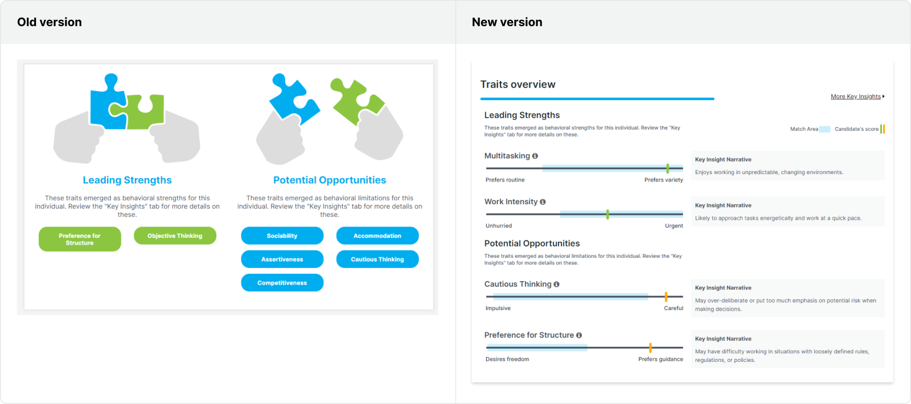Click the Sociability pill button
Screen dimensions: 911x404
pos(282,236)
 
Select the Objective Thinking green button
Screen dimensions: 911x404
pos(175,236)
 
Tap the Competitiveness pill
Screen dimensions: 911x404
pos(282,283)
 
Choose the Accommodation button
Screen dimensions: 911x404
pos(377,236)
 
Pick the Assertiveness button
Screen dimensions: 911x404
pos(282,259)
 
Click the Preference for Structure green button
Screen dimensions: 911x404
pos(80,239)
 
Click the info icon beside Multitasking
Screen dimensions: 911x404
pos(535,156)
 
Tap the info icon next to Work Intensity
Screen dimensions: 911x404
pos(543,202)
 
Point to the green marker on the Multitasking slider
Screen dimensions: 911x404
pos(668,168)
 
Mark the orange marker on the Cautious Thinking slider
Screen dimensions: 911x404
pos(666,296)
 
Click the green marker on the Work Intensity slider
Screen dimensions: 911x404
pos(608,215)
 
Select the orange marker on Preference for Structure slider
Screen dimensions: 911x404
pos(651,348)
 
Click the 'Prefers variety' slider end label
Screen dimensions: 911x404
pos(664,180)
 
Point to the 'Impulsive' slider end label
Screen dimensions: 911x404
pos(498,308)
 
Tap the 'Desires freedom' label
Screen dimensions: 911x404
pos(507,359)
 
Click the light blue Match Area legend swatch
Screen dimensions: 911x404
pos(825,129)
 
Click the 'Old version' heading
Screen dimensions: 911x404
pos(49,22)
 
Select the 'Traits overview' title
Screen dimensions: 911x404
pos(518,84)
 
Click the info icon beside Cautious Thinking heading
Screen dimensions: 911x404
pos(556,285)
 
